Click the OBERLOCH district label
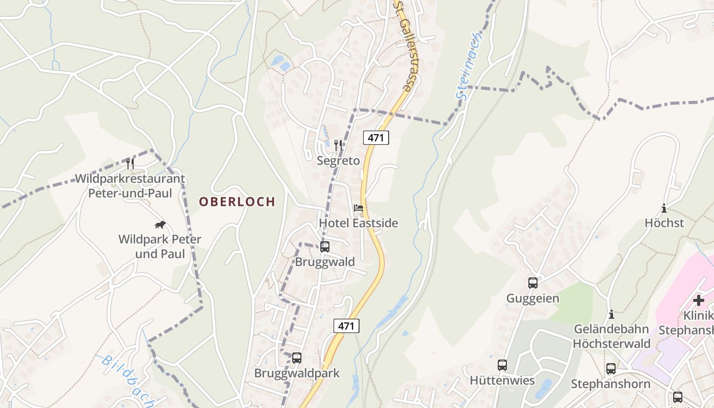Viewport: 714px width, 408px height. pyautogui.click(x=237, y=201)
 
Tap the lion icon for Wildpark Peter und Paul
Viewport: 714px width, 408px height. pyautogui.click(x=160, y=224)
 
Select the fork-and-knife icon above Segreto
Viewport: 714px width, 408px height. pyautogui.click(x=338, y=145)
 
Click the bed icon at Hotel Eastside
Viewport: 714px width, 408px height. pyautogui.click(x=359, y=208)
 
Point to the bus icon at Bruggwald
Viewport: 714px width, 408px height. pyautogui.click(x=325, y=247)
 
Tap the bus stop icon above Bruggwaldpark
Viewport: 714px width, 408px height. pyautogui.click(x=297, y=358)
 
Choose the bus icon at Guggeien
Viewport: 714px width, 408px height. pyautogui.click(x=533, y=283)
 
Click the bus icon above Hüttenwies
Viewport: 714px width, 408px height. pyautogui.click(x=502, y=365)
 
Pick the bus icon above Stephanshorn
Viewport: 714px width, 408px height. pyautogui.click(x=611, y=368)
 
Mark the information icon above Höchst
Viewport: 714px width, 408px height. pyautogui.click(x=664, y=208)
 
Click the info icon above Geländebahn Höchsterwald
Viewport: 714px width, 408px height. pyautogui.click(x=611, y=314)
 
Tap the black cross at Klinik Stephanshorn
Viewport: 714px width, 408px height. pyautogui.click(x=699, y=300)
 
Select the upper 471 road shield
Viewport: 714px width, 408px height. pyautogui.click(x=376, y=137)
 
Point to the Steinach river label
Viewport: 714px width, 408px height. pyautogui.click(x=469, y=66)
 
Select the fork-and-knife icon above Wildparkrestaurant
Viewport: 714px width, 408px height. pyautogui.click(x=130, y=163)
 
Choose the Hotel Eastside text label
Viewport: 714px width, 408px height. pyautogui.click(x=359, y=223)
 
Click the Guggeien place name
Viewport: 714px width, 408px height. pyautogui.click(x=532, y=298)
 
